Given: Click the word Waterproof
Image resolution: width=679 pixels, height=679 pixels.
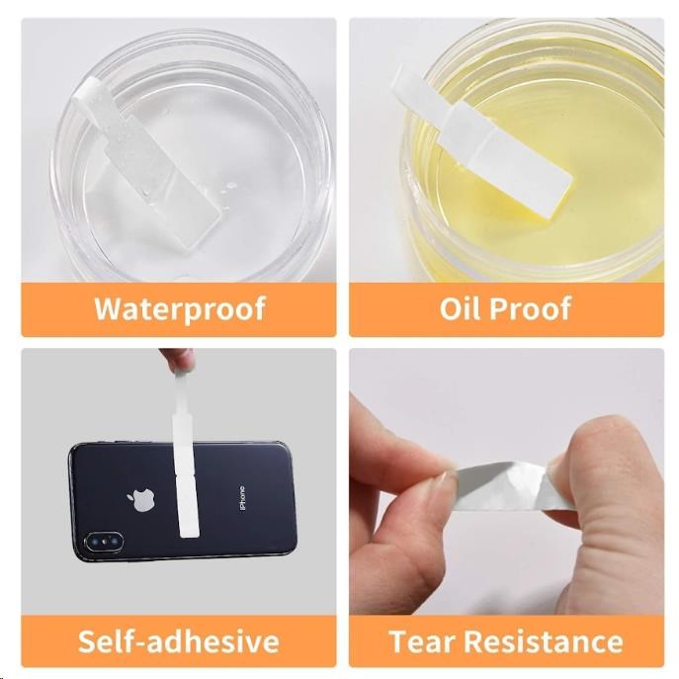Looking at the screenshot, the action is (x=180, y=309).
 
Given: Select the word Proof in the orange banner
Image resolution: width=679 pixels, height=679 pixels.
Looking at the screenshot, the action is (x=530, y=308).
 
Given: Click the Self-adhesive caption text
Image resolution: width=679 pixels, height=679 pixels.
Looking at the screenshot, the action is (x=179, y=640).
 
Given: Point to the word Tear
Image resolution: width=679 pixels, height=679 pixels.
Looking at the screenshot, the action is (x=422, y=640).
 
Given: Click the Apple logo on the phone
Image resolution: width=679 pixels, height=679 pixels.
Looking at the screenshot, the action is (x=141, y=500).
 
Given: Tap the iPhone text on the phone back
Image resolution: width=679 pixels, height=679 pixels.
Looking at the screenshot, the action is (x=242, y=498).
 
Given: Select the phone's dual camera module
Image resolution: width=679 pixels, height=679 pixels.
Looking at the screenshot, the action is (x=104, y=543).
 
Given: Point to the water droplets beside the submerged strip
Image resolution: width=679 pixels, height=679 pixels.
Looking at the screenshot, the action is (x=228, y=188).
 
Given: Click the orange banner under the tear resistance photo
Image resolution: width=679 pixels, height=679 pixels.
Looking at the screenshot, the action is (x=507, y=640).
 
